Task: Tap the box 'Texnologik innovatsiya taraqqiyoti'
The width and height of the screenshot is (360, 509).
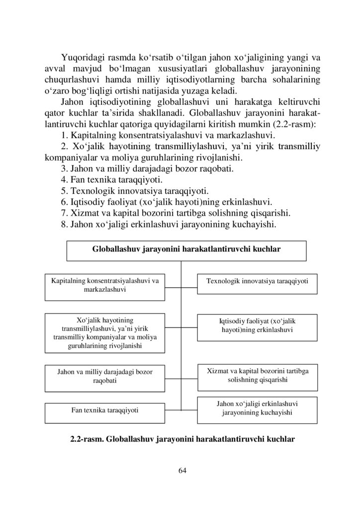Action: point(257,281)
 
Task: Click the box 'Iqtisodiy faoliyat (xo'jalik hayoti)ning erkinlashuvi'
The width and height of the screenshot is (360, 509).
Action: point(257,326)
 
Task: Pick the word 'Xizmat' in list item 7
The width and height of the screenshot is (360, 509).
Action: point(84,214)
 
